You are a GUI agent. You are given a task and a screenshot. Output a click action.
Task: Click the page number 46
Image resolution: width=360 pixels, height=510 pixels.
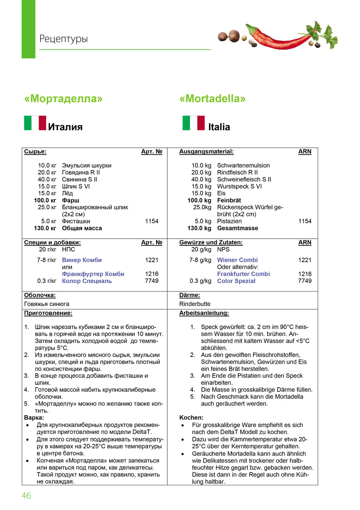coord(26,496)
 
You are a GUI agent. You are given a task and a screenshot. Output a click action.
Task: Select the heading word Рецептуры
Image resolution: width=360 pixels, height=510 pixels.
coord(63,39)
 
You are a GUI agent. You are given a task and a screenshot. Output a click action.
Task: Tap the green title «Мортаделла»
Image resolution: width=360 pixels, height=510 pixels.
coord(63,98)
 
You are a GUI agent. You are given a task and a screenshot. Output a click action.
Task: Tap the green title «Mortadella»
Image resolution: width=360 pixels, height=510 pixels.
coord(212,98)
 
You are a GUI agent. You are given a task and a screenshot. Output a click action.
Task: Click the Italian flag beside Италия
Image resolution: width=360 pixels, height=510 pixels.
coord(35,123)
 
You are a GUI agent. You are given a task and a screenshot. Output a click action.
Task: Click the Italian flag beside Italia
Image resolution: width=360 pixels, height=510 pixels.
coord(194,123)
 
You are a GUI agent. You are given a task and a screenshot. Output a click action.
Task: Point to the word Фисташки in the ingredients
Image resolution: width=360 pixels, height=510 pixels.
coord(76,221)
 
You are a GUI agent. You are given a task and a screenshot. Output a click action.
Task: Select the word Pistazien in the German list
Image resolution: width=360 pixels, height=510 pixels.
coord(229,221)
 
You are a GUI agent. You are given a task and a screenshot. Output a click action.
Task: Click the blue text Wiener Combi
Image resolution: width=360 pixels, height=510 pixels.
coord(237,260)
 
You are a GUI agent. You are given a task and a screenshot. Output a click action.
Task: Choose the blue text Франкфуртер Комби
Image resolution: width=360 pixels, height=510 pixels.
coord(93,274)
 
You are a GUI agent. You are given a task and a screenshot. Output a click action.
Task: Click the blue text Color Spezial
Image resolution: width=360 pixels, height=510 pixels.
coord(236,281)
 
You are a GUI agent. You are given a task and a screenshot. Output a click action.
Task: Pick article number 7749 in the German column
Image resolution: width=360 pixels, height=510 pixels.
coord(305,281)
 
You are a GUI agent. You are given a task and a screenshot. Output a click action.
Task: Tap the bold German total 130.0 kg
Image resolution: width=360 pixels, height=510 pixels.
coord(199,228)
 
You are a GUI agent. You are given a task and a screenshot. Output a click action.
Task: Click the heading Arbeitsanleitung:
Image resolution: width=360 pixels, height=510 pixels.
coord(204,313)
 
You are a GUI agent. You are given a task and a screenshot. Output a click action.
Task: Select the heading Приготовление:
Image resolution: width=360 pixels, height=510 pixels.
coord(48,313)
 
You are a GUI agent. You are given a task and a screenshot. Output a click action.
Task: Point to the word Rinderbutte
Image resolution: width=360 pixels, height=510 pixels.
coord(195,304)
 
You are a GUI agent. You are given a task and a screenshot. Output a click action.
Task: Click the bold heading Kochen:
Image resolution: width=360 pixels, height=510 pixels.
coord(191,418)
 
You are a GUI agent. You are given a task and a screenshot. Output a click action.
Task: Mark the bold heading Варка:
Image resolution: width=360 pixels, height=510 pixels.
coord(34,418)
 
